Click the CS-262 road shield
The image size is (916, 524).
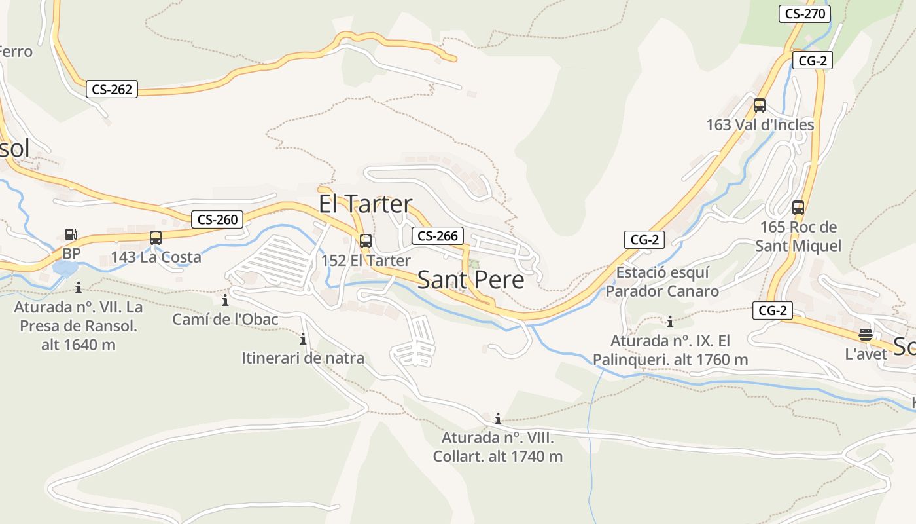coord(112,90)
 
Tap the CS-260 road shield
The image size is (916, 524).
coord(217,219)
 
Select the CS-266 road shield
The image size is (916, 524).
coord(438,236)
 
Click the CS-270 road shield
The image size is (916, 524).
coord(804,13)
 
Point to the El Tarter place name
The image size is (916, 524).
coord(365,204)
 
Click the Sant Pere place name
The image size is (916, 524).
coord(470,280)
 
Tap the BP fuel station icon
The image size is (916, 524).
coord(71,234)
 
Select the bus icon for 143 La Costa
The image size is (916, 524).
coord(155,238)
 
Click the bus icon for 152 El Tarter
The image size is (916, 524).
coord(366,240)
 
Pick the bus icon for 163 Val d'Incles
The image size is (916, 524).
coord(760,105)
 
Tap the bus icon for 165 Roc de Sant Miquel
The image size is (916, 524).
coord(798,208)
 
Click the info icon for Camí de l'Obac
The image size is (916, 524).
coord(225,301)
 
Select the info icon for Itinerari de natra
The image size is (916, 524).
coord(303,339)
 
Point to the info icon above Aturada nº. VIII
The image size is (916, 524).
coord(498,419)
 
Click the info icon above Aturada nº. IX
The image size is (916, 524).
coord(670,322)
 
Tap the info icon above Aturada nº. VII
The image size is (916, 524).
coord(79,288)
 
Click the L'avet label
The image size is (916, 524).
coord(866,354)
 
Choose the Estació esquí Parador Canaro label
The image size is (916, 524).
coord(662,282)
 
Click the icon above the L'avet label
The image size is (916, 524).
coord(866,335)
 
